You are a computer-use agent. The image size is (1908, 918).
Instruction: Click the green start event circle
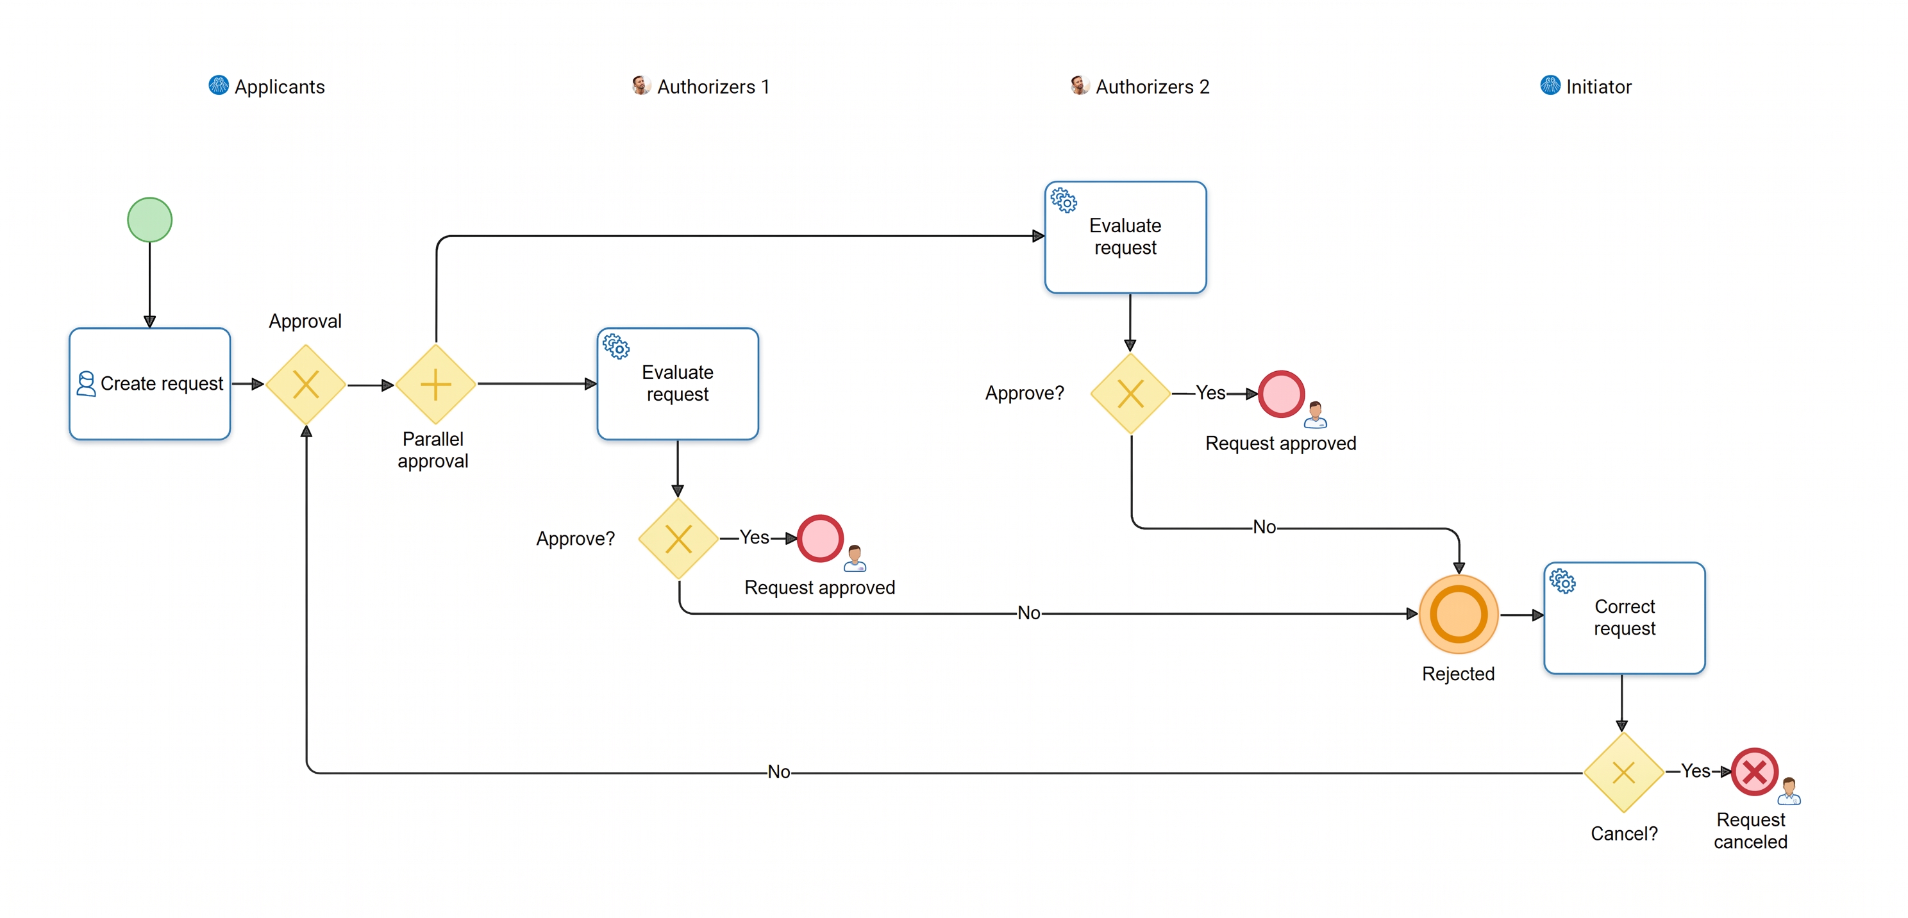[x=149, y=220]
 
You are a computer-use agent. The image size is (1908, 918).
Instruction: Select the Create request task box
[x=149, y=383]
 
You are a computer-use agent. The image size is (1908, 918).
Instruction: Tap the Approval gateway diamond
[x=306, y=384]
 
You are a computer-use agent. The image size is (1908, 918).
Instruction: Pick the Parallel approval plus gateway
[x=435, y=384]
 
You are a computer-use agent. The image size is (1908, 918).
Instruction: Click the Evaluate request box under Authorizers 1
[x=678, y=383]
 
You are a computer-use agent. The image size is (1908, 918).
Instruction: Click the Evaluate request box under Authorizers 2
[x=1125, y=237]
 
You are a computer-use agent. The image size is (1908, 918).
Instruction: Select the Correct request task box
[x=1625, y=617]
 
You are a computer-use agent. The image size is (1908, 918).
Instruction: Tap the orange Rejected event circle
[x=1459, y=613]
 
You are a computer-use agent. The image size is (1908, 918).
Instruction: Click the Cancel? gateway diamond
[x=1623, y=772]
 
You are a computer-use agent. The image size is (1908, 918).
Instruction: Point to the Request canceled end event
[x=1754, y=772]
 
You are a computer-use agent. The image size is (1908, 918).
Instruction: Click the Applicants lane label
[x=280, y=87]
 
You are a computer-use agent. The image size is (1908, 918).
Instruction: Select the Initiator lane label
[x=1598, y=87]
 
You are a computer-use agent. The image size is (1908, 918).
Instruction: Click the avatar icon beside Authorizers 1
[x=640, y=85]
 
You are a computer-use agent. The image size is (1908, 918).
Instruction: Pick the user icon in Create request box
[x=86, y=383]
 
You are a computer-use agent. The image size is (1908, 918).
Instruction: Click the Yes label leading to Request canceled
[x=1695, y=771]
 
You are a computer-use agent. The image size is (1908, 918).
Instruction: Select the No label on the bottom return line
[x=778, y=771]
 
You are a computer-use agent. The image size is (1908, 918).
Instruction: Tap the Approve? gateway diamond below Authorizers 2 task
[x=1130, y=393]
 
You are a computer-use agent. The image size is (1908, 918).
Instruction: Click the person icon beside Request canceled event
[x=1789, y=790]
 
